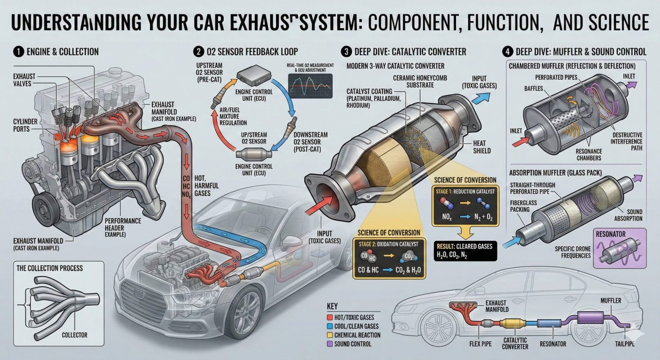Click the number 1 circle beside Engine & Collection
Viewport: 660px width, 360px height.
tap(18, 52)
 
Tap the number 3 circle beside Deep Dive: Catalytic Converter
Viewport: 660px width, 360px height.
tap(346, 52)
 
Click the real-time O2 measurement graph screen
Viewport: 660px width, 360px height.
tap(310, 84)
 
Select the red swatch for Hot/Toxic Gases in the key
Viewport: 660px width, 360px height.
tap(330, 317)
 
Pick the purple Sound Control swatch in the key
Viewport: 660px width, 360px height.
tap(330, 344)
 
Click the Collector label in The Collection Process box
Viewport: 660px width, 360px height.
tap(74, 335)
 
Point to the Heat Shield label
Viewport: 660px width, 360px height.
tap(482, 147)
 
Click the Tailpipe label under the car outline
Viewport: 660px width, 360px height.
tap(625, 344)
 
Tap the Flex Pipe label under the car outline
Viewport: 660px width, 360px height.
tap(480, 344)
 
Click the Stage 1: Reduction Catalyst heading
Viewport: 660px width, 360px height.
tap(465, 192)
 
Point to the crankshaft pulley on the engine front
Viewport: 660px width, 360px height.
tap(42, 208)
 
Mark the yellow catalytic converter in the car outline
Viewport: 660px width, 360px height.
tap(513, 324)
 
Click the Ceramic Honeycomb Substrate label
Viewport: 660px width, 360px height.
tap(420, 82)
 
